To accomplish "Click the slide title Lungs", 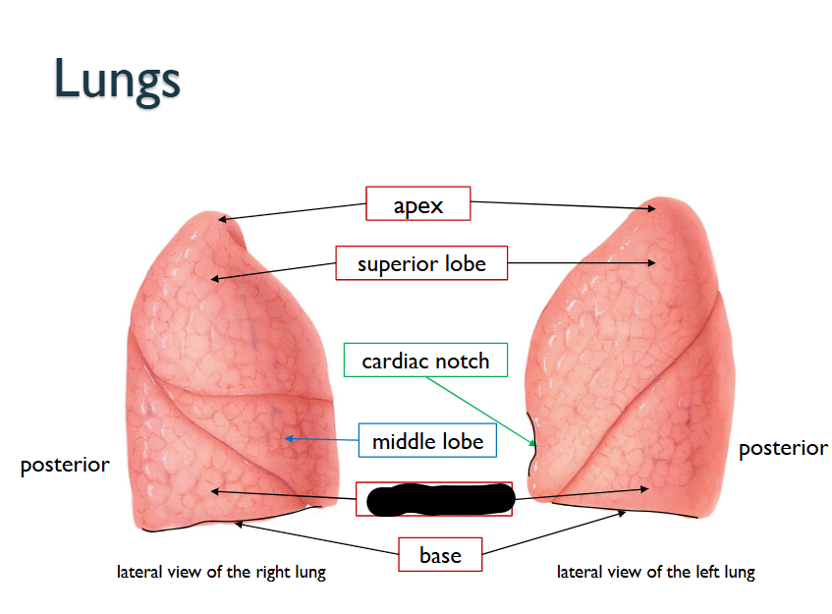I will [x=117, y=78].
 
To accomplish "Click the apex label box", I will [x=418, y=204].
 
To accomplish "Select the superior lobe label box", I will [x=421, y=263].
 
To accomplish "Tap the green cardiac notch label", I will [x=425, y=361].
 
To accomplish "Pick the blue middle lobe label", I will [x=427, y=441].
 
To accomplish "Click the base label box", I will [x=439, y=555].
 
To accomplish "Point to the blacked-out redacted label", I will [x=439, y=499].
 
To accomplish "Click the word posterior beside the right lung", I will [x=65, y=464].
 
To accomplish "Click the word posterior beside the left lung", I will [x=783, y=448].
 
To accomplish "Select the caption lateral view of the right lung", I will [x=221, y=572].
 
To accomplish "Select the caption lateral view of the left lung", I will [x=656, y=572].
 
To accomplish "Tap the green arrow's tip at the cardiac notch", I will [x=533, y=448].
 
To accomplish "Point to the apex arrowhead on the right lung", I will [x=221, y=219].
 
